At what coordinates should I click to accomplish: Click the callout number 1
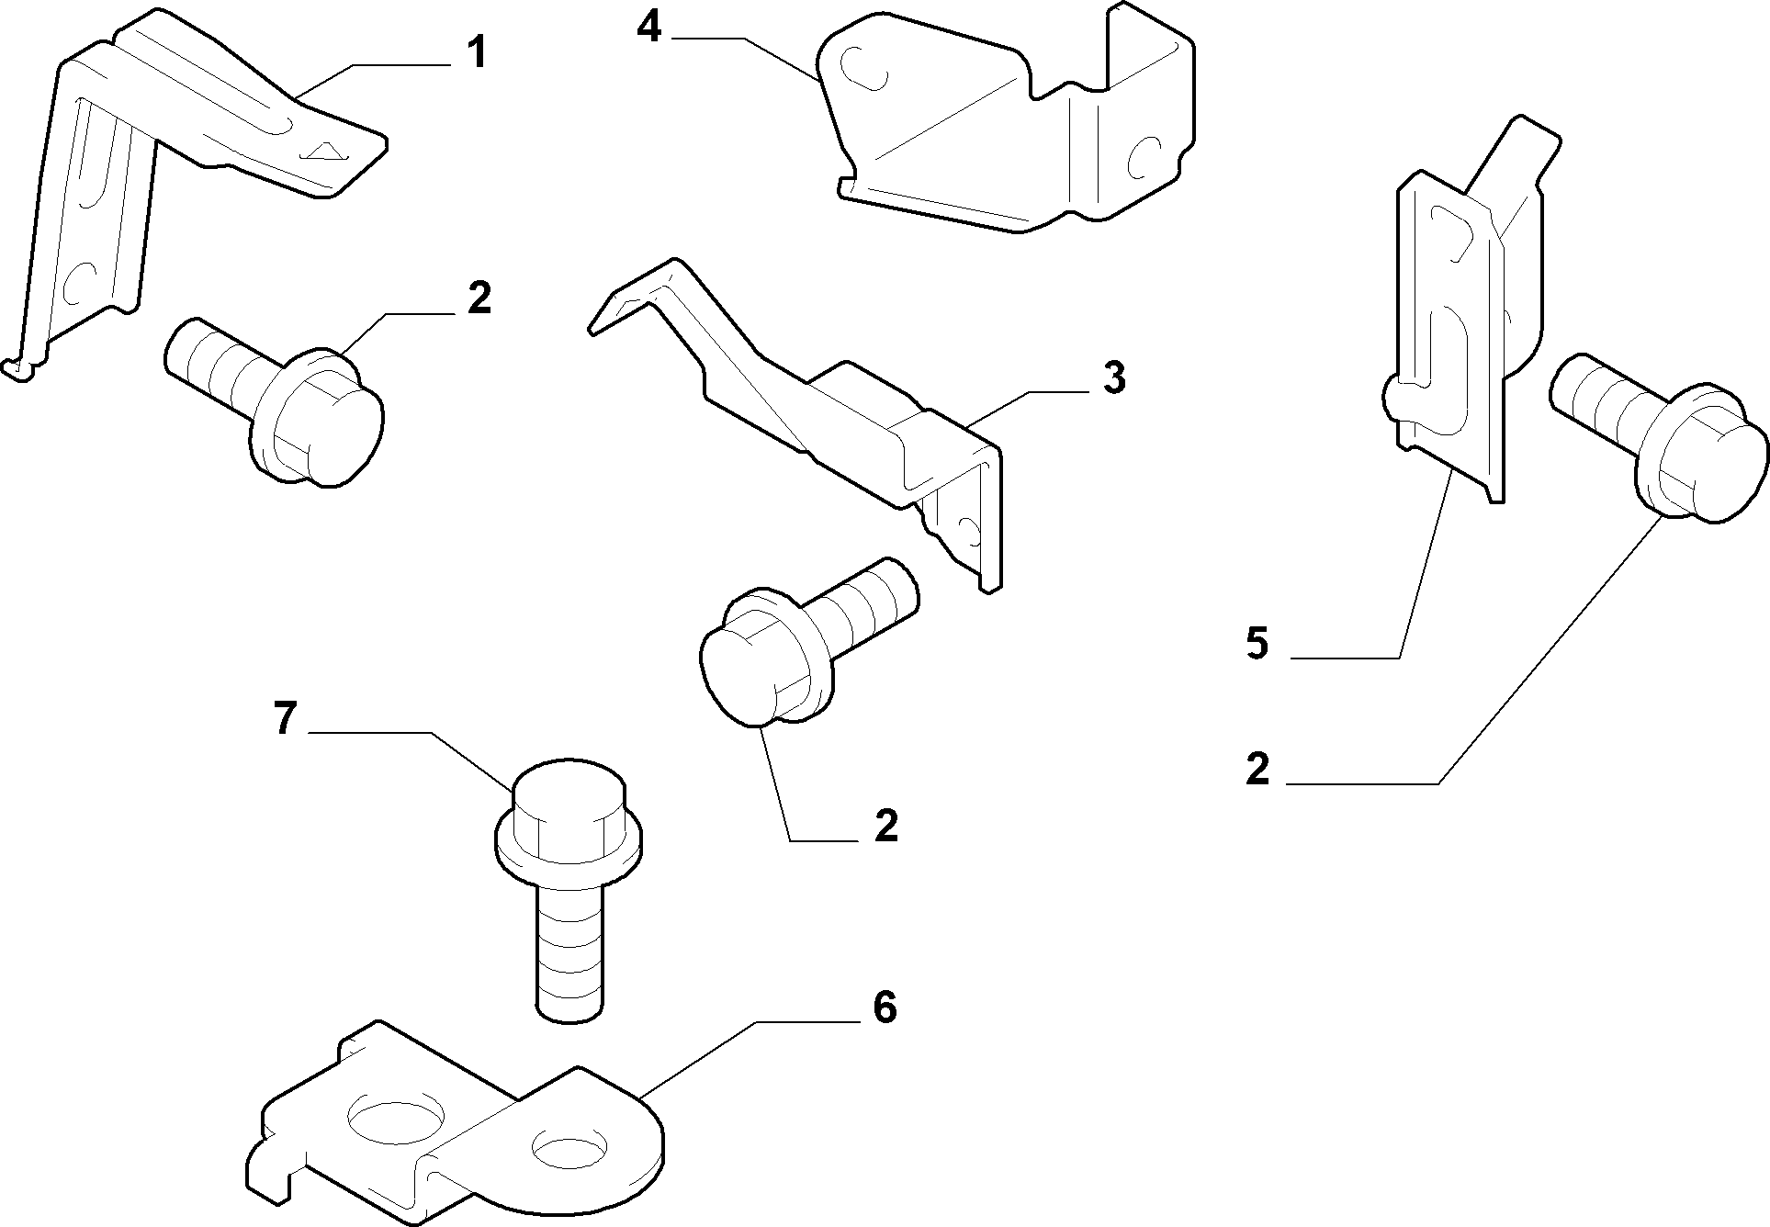coord(475,52)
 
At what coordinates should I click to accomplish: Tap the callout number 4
coord(648,28)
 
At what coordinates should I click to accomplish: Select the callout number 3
coord(1113,377)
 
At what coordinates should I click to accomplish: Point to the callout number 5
coord(1257,643)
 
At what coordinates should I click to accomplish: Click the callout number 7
coord(286,717)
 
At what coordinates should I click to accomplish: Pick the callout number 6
coord(884,1007)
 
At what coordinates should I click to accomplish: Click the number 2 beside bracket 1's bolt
coord(479,299)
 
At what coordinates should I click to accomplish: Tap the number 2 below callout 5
coord(1257,769)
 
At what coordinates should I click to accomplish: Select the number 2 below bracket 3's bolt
coord(885,826)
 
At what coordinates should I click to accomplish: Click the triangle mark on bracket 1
coord(324,151)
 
